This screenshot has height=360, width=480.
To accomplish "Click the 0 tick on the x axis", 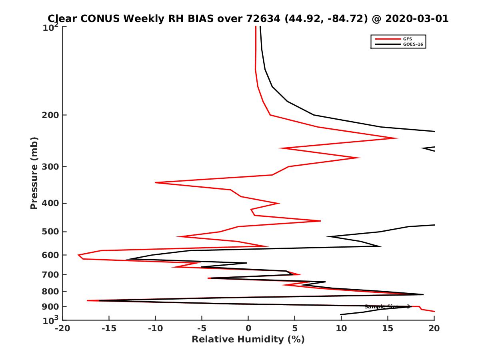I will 248,328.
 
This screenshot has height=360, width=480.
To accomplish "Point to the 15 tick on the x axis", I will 388,328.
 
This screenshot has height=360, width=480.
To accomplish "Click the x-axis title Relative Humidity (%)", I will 248,340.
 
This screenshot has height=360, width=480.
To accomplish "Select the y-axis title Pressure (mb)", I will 34,173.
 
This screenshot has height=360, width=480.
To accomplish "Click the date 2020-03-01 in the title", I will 417,19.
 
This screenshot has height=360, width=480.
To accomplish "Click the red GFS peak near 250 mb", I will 397,138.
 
